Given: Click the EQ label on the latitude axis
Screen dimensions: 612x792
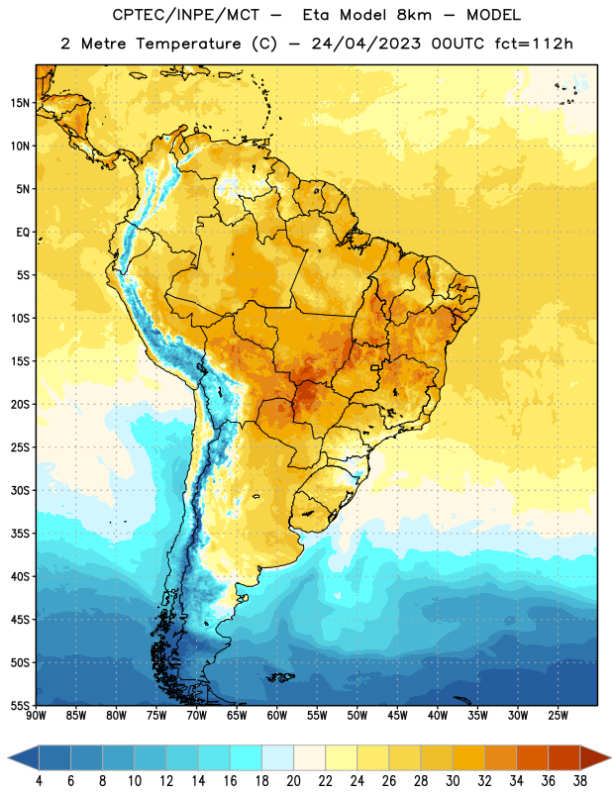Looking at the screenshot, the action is (x=23, y=233).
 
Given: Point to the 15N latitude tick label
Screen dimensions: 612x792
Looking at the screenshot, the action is (x=21, y=103).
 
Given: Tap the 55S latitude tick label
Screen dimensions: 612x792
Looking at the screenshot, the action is (x=21, y=705).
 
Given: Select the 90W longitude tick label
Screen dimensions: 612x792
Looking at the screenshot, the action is (x=36, y=716).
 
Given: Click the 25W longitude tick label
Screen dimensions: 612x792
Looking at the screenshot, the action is (x=558, y=716).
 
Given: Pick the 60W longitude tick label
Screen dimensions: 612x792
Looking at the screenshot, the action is (x=277, y=716).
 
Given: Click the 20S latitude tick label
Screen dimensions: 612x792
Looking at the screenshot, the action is (x=21, y=404).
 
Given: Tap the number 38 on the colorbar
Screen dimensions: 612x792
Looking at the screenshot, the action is (x=579, y=781).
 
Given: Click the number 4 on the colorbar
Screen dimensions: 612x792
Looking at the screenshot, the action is (x=39, y=781).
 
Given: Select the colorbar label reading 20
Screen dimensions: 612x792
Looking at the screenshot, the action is (x=293, y=781).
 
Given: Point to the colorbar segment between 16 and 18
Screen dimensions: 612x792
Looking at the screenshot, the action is (x=246, y=757).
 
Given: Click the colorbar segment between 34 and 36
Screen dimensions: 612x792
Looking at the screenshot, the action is (x=532, y=757).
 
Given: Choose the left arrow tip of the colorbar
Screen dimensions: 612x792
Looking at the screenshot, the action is (x=8, y=757).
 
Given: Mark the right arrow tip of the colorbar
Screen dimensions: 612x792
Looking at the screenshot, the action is (x=610, y=757).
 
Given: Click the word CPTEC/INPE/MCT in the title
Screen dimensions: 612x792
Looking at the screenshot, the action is (x=186, y=15).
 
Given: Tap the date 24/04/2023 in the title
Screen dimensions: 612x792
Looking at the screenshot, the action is (x=365, y=44).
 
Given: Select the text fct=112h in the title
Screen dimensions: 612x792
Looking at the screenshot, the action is (x=534, y=44).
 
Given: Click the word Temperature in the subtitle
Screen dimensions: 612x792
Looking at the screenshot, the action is (x=188, y=44).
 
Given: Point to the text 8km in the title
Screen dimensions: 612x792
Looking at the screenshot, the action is (x=414, y=15).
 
